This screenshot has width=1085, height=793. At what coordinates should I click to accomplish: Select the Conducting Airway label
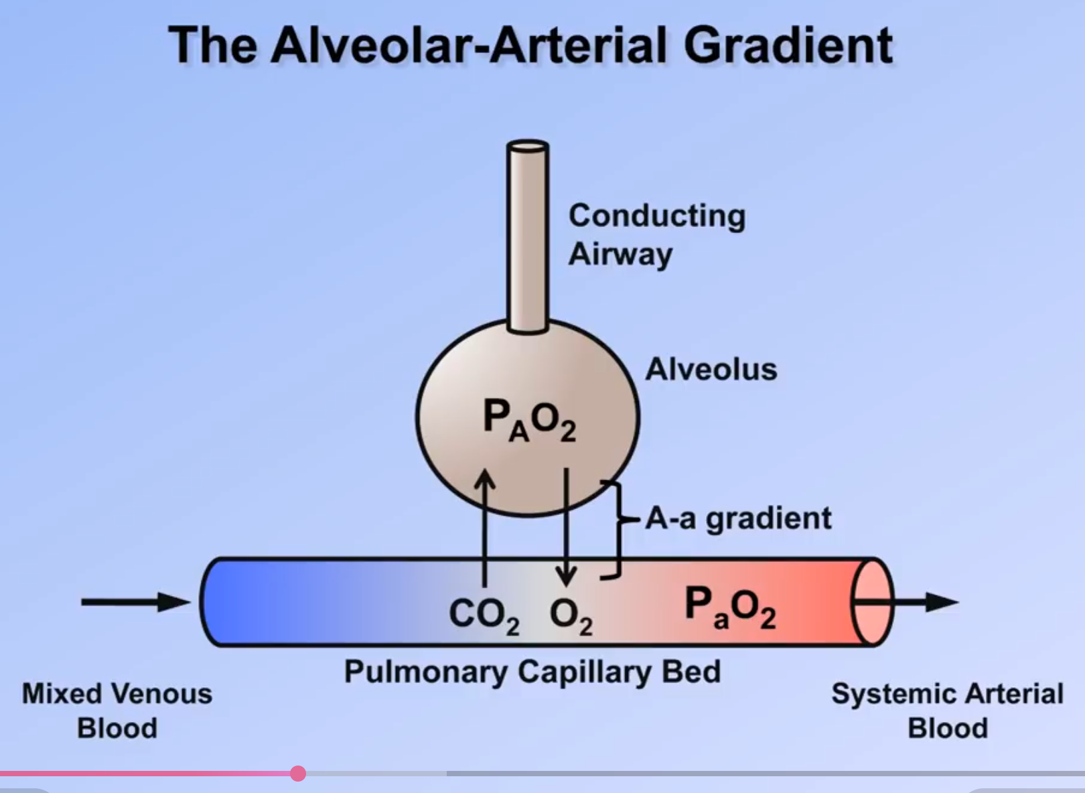click(656, 234)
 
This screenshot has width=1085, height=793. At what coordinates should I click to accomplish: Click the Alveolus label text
click(711, 369)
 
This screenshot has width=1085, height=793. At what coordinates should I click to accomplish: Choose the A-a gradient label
click(738, 518)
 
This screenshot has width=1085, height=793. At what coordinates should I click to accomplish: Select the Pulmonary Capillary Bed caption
click(532, 671)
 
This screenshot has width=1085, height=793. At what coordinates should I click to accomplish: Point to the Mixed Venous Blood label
click(117, 710)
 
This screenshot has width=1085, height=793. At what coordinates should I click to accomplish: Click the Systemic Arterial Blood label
click(947, 710)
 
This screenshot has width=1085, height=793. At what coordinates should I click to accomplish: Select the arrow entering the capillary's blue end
click(134, 601)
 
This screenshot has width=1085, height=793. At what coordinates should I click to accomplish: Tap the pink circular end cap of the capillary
click(873, 601)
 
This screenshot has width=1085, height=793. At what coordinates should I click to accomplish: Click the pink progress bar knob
click(298, 774)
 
